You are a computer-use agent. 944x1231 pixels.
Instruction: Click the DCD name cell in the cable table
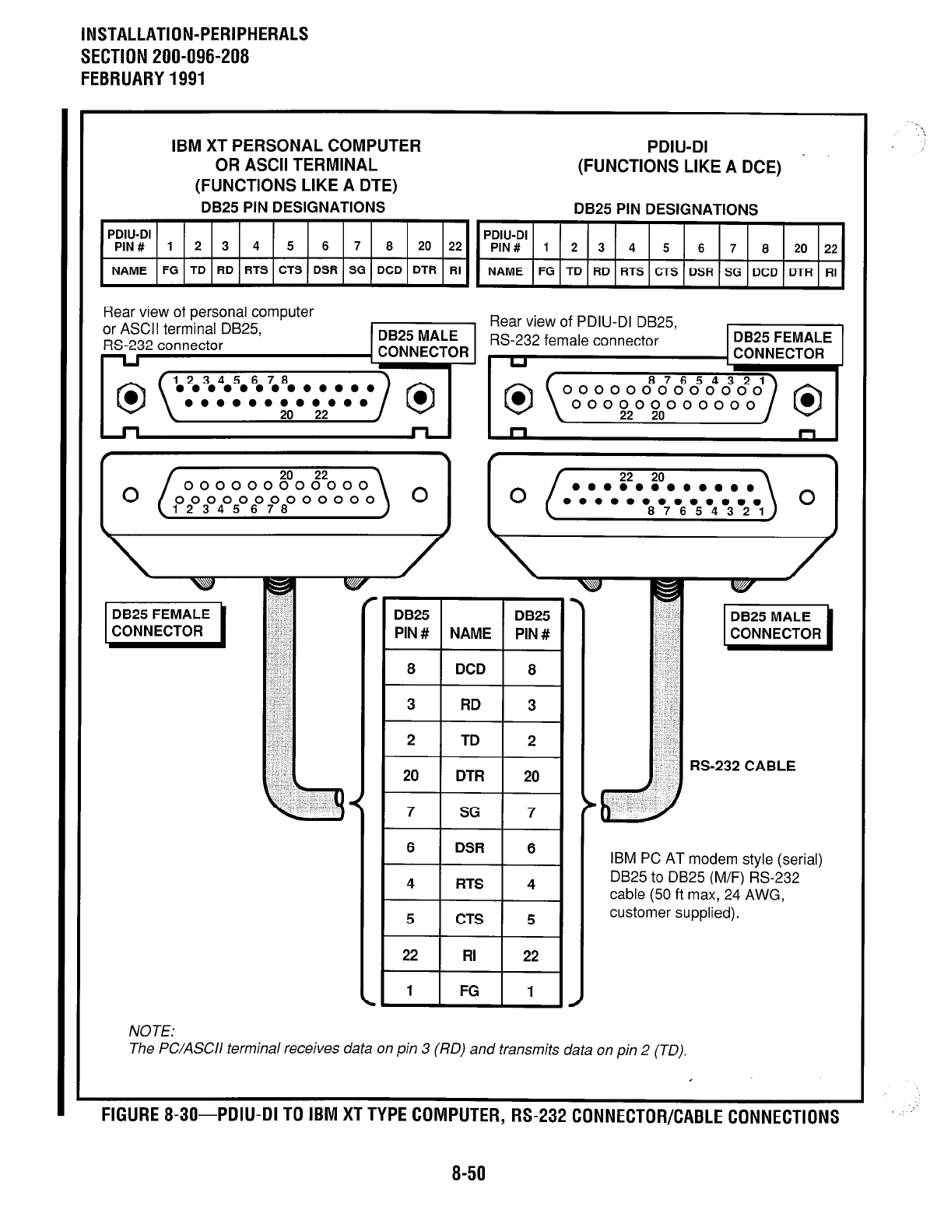coord(470,669)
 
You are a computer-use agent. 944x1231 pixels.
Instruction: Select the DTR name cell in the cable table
coord(470,776)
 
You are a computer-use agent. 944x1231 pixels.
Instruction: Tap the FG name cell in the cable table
coord(470,991)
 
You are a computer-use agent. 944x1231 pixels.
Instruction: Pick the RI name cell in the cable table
coord(470,956)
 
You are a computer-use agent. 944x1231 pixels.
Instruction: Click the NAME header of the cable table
coord(470,633)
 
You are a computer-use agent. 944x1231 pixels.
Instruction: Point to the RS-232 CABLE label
coord(742,766)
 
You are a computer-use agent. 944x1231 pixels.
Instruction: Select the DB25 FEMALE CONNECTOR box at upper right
coord(782,345)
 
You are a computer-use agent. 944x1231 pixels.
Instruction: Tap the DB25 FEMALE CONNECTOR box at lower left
coord(162,623)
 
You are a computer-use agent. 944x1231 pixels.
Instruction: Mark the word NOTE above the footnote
coord(152,1031)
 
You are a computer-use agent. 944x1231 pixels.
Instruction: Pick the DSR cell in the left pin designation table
coord(325,271)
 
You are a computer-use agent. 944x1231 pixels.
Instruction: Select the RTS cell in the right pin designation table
coord(632,272)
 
